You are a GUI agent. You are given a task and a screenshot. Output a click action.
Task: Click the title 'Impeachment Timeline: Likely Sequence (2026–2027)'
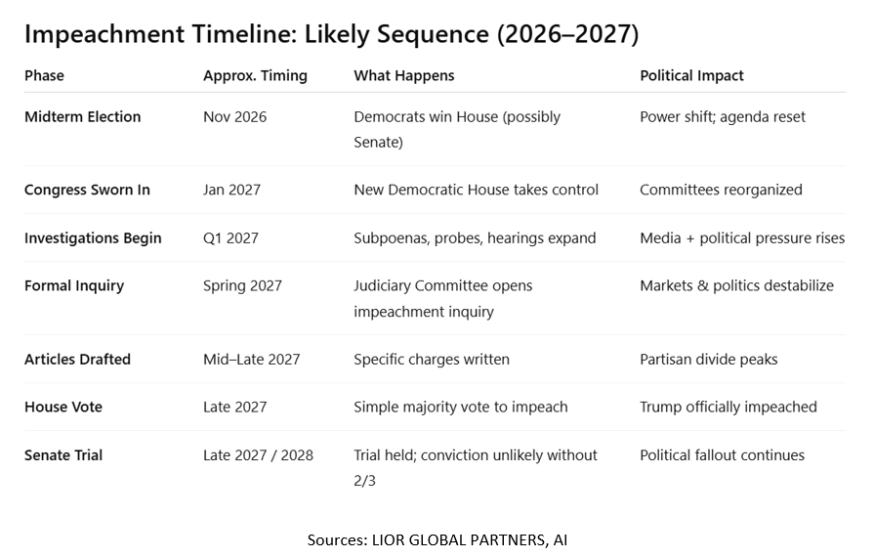[x=331, y=35]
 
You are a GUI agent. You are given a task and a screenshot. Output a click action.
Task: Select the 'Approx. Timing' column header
[x=255, y=76]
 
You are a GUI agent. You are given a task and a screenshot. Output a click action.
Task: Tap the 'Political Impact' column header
[x=691, y=76]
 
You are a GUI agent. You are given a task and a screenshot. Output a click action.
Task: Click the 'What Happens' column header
[x=403, y=76]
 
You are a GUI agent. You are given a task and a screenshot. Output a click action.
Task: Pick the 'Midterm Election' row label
[x=82, y=117]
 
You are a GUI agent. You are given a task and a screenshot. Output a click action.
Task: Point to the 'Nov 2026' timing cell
[x=234, y=117]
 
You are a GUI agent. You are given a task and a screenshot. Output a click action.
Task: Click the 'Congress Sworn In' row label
[x=87, y=190]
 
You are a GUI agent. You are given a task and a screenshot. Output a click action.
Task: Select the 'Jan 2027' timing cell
[x=231, y=190]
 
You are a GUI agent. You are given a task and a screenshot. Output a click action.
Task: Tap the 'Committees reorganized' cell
[x=721, y=190]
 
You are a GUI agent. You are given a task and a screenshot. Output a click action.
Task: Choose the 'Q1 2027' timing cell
[x=230, y=238]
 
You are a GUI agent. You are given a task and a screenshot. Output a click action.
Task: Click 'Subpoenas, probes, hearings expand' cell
[x=475, y=238]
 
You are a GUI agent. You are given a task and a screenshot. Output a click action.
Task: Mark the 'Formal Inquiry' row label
[x=74, y=286]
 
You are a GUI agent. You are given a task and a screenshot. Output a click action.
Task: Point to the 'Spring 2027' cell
[x=242, y=286]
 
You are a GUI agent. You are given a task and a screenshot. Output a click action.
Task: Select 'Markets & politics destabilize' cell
[x=736, y=286]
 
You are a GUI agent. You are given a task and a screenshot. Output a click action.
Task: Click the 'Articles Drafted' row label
[x=77, y=360]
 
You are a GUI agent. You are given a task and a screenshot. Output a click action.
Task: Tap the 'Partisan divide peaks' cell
[x=708, y=360]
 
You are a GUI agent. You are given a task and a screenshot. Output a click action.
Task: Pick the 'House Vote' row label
[x=62, y=408]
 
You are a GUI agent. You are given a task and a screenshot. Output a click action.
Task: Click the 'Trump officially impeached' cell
[x=728, y=408]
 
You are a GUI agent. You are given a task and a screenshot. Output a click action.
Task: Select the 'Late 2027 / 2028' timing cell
[x=258, y=455]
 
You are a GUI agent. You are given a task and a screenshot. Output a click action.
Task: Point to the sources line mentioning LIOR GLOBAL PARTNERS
[x=437, y=539]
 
